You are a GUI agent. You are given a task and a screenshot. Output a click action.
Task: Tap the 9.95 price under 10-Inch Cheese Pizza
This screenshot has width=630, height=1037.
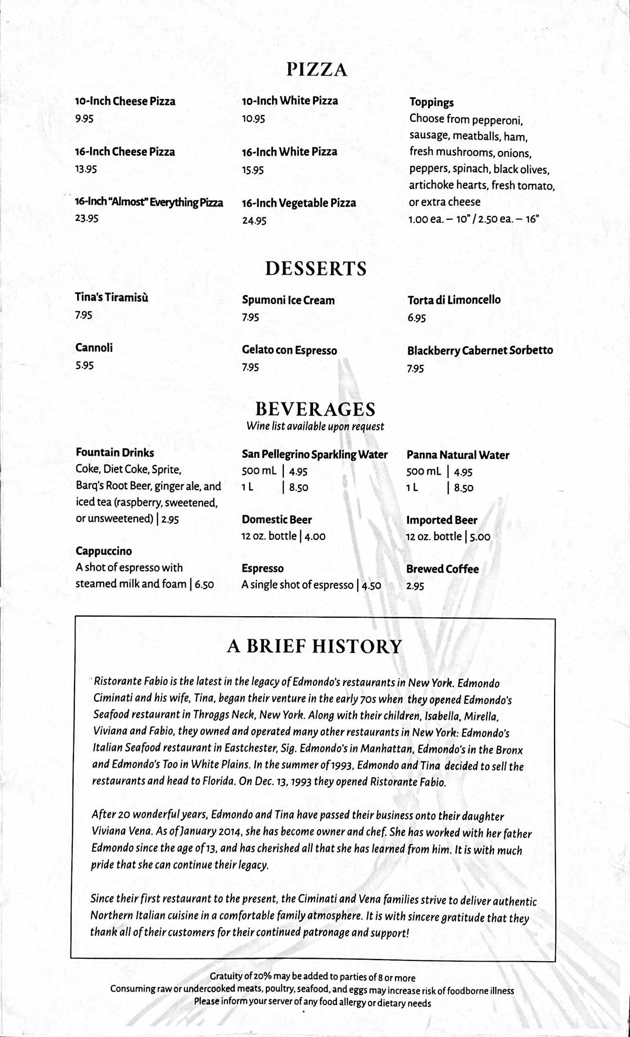pyautogui.click(x=85, y=119)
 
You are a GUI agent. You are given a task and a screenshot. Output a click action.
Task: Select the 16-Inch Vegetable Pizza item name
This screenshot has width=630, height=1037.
pyautogui.click(x=299, y=203)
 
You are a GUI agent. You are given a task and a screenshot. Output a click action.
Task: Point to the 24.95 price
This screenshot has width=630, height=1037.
pyautogui.click(x=254, y=221)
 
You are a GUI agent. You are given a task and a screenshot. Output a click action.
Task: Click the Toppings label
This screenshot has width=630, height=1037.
pyautogui.click(x=431, y=103)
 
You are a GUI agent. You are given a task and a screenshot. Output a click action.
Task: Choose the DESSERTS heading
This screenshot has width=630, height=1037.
pyautogui.click(x=316, y=268)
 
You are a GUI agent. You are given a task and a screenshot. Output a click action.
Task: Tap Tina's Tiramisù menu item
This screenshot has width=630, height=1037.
pyautogui.click(x=112, y=298)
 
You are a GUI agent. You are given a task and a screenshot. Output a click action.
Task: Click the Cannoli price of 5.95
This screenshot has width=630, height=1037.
pyautogui.click(x=85, y=366)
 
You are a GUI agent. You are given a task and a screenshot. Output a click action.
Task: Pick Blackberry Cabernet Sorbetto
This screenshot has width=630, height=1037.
pyautogui.click(x=480, y=350)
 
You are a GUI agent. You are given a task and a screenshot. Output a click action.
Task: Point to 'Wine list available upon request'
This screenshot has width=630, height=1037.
pyautogui.click(x=315, y=426)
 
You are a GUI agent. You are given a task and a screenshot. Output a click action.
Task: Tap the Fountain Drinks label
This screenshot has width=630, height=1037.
pyautogui.click(x=115, y=452)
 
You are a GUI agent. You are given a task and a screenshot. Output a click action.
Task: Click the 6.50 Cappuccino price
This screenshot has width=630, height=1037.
pyautogui.click(x=204, y=584)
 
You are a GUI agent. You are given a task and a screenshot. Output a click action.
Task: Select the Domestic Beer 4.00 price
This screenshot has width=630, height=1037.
pyautogui.click(x=315, y=536)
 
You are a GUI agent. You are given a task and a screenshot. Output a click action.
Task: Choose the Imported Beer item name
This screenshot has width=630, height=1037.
pyautogui.click(x=442, y=520)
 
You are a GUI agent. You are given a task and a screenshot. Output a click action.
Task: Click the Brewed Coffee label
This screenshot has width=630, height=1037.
pyautogui.click(x=442, y=569)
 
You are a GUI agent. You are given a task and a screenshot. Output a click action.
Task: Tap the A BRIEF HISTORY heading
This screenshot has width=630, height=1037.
pyautogui.click(x=314, y=647)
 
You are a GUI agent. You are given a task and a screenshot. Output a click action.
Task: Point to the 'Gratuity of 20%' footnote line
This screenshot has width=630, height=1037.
pyautogui.click(x=312, y=977)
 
